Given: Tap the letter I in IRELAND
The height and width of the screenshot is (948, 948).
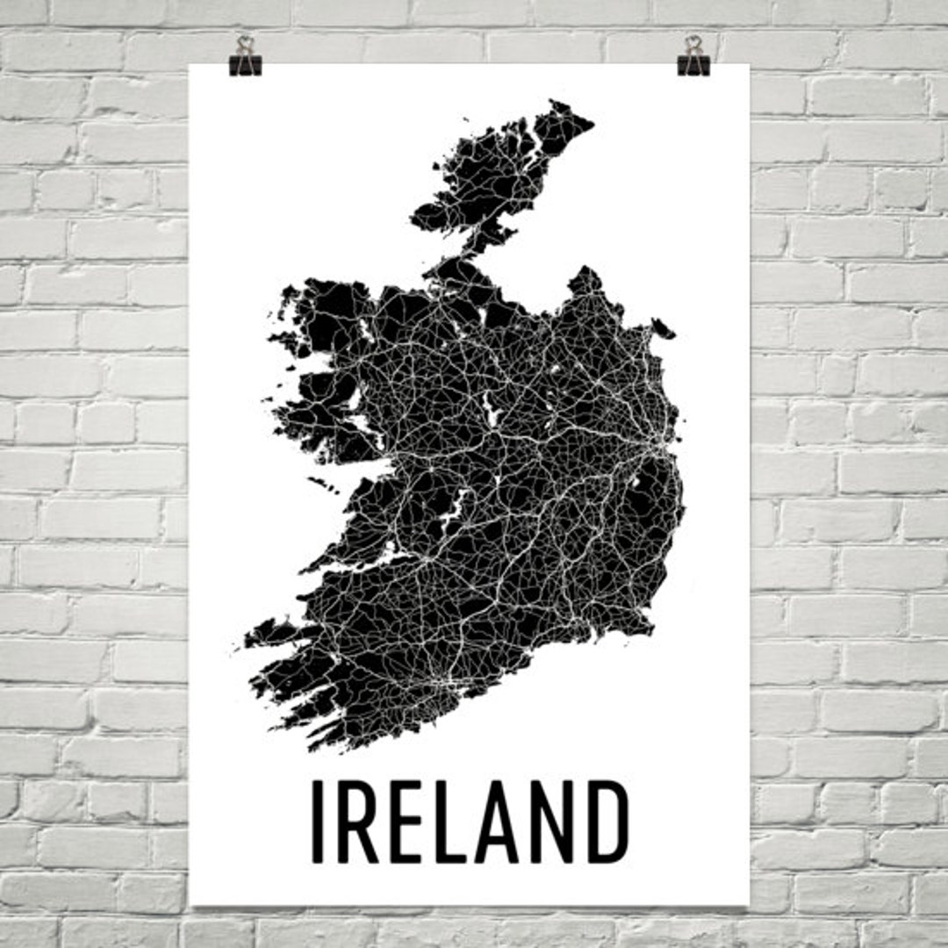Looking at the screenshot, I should [320, 822].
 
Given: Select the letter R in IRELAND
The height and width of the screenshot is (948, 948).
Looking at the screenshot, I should [357, 822].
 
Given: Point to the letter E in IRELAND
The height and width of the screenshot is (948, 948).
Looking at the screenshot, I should [406, 822].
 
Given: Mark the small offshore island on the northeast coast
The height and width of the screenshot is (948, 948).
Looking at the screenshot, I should [664, 329].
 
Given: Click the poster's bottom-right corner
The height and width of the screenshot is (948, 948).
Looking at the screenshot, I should [748, 904].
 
